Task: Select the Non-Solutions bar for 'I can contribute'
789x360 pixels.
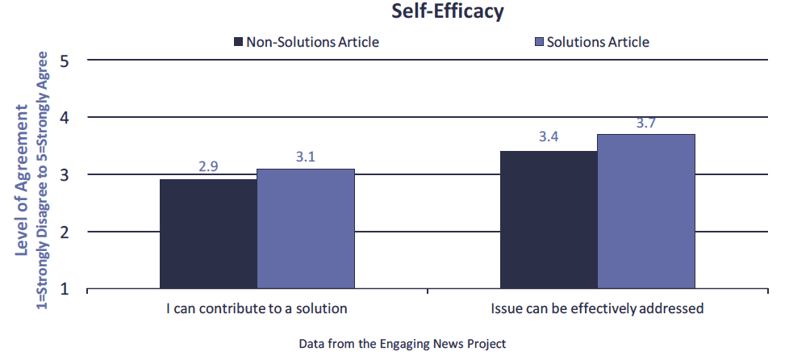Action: pos(208,233)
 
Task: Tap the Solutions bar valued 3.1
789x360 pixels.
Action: pos(306,228)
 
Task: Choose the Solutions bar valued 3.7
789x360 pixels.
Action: pos(646,211)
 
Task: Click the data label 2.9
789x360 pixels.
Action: pos(208,168)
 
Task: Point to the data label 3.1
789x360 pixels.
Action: pos(306,157)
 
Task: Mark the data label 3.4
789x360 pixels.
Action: pos(549,137)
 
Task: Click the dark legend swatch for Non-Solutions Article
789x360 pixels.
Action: pos(238,42)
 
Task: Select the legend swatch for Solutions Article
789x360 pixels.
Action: pos(539,42)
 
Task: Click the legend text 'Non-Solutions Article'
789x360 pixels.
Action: pos(312,42)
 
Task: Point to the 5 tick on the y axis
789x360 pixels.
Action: pos(65,61)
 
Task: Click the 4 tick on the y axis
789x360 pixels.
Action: pos(65,118)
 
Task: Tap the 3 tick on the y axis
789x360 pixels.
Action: pos(65,175)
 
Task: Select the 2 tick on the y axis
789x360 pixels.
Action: pos(65,232)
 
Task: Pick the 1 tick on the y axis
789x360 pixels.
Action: pos(65,289)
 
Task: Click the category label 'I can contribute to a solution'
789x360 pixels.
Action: pos(257,308)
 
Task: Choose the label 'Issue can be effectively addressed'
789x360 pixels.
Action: pos(598,308)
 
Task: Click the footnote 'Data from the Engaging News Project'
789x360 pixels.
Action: pos(402,344)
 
